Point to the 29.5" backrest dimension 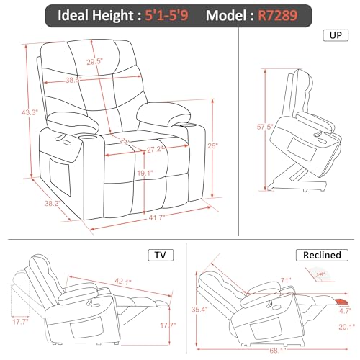click(x=95, y=62)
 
